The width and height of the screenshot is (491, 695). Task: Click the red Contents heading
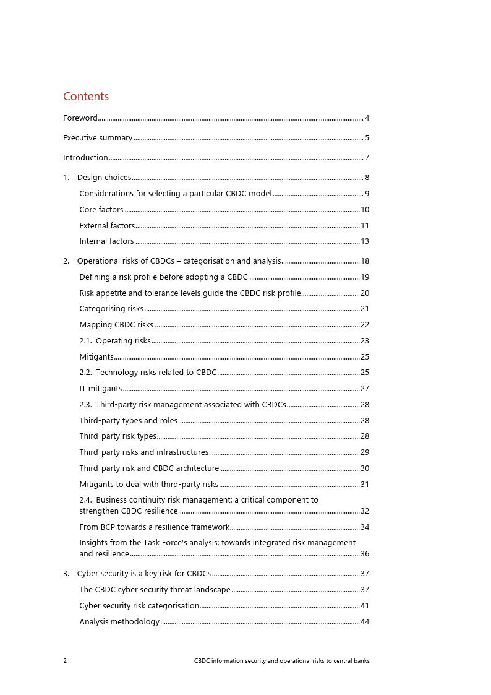[x=86, y=97]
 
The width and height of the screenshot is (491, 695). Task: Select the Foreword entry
[x=80, y=118]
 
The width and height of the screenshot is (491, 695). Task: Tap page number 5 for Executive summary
[x=367, y=138]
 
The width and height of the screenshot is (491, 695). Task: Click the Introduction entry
[x=85, y=158]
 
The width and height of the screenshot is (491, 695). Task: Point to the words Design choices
[x=104, y=178]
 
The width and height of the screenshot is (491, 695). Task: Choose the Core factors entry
[x=101, y=210]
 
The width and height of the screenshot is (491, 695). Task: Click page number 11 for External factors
[x=365, y=226]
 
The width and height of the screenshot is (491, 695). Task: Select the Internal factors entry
[x=106, y=241]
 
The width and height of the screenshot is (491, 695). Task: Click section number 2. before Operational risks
[x=66, y=261]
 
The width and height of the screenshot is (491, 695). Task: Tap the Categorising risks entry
[x=111, y=309]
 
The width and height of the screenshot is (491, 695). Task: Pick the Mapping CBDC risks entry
[x=116, y=325]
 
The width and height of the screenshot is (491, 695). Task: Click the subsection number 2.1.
[x=86, y=341]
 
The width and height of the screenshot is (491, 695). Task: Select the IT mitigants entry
[x=101, y=389]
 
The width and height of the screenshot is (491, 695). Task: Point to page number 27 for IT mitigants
[x=365, y=389]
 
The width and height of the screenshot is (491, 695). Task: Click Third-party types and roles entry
[x=128, y=421]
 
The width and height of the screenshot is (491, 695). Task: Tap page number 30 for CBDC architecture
[x=365, y=468]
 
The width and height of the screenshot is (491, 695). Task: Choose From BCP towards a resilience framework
[x=154, y=527]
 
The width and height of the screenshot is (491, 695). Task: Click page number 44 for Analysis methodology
[x=365, y=622]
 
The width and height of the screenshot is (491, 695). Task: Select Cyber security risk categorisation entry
[x=139, y=606]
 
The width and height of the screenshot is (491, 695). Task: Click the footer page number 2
[x=65, y=661]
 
